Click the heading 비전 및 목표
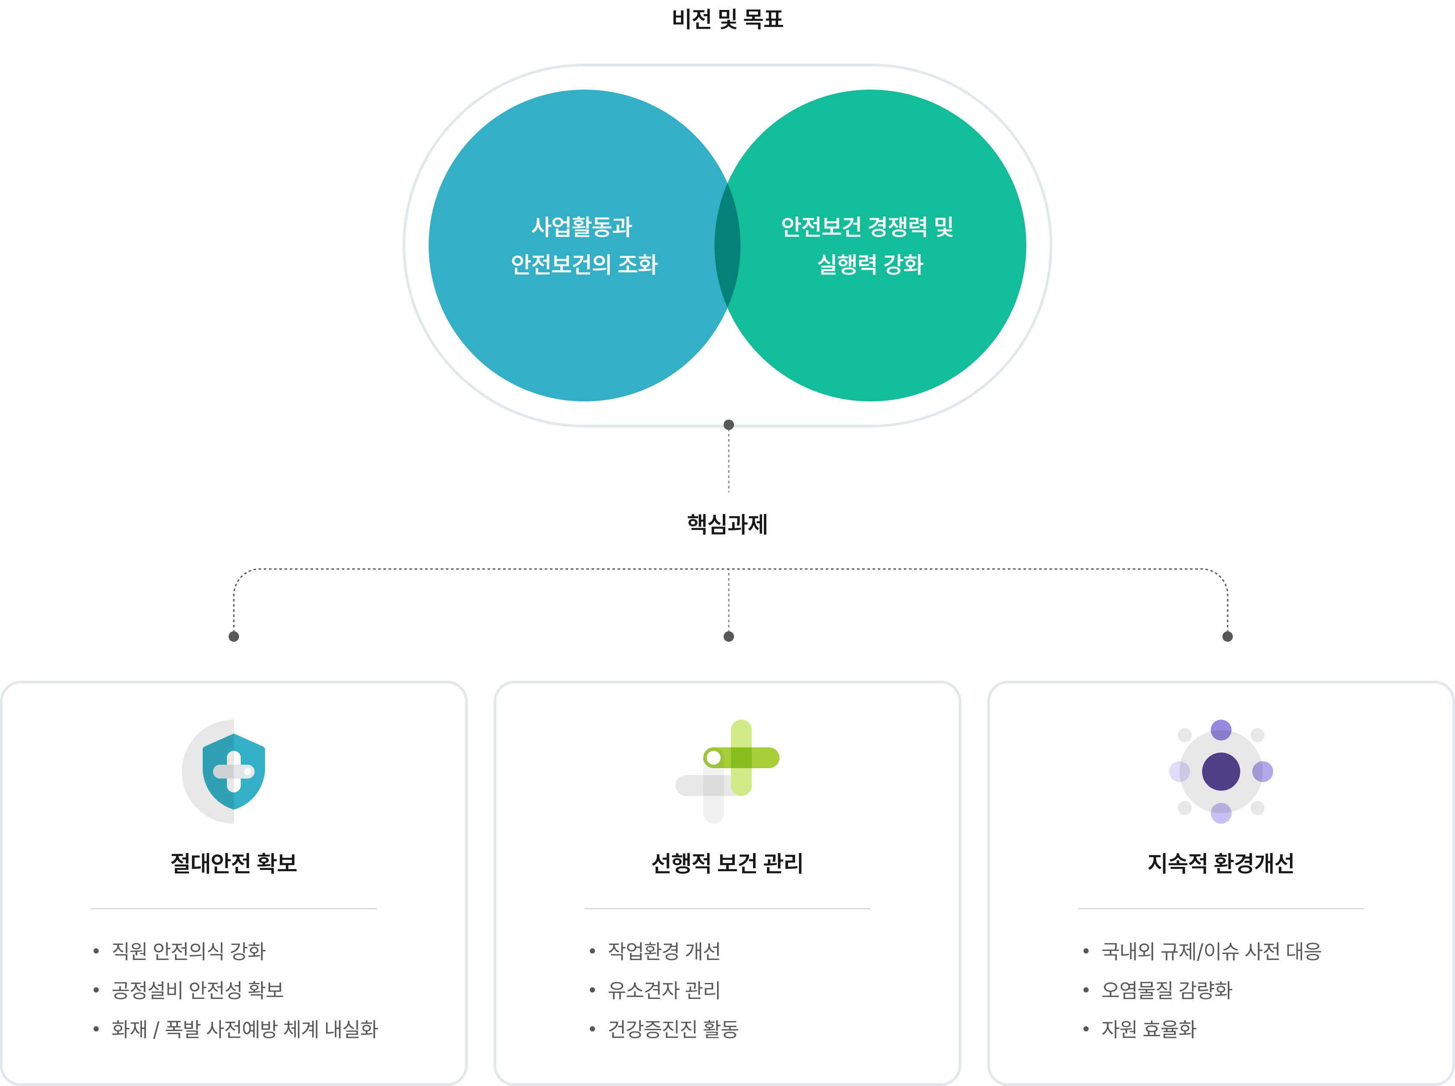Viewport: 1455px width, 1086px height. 727,19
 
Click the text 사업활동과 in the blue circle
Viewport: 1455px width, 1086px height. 582,227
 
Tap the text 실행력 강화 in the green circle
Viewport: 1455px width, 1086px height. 870,264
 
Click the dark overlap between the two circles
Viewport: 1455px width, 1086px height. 727,245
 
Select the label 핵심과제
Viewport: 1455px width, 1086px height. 727,524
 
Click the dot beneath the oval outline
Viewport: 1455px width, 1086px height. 728,425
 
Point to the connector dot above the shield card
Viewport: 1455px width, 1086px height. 233,637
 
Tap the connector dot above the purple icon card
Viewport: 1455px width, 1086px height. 1227,637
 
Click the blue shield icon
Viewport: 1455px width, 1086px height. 233,772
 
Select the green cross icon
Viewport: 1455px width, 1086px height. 741,758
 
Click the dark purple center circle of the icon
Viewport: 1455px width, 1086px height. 1221,772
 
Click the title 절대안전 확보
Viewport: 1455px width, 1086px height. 233,863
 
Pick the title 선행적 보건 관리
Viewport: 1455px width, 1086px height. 727,863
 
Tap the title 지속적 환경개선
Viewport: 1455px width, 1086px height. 1221,863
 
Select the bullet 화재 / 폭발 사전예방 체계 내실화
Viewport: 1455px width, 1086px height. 245,1029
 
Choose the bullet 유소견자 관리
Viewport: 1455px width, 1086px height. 664,990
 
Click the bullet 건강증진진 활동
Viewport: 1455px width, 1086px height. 673,1029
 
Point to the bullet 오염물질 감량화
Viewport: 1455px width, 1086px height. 1167,990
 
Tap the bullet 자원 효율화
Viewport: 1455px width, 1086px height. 1149,1029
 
